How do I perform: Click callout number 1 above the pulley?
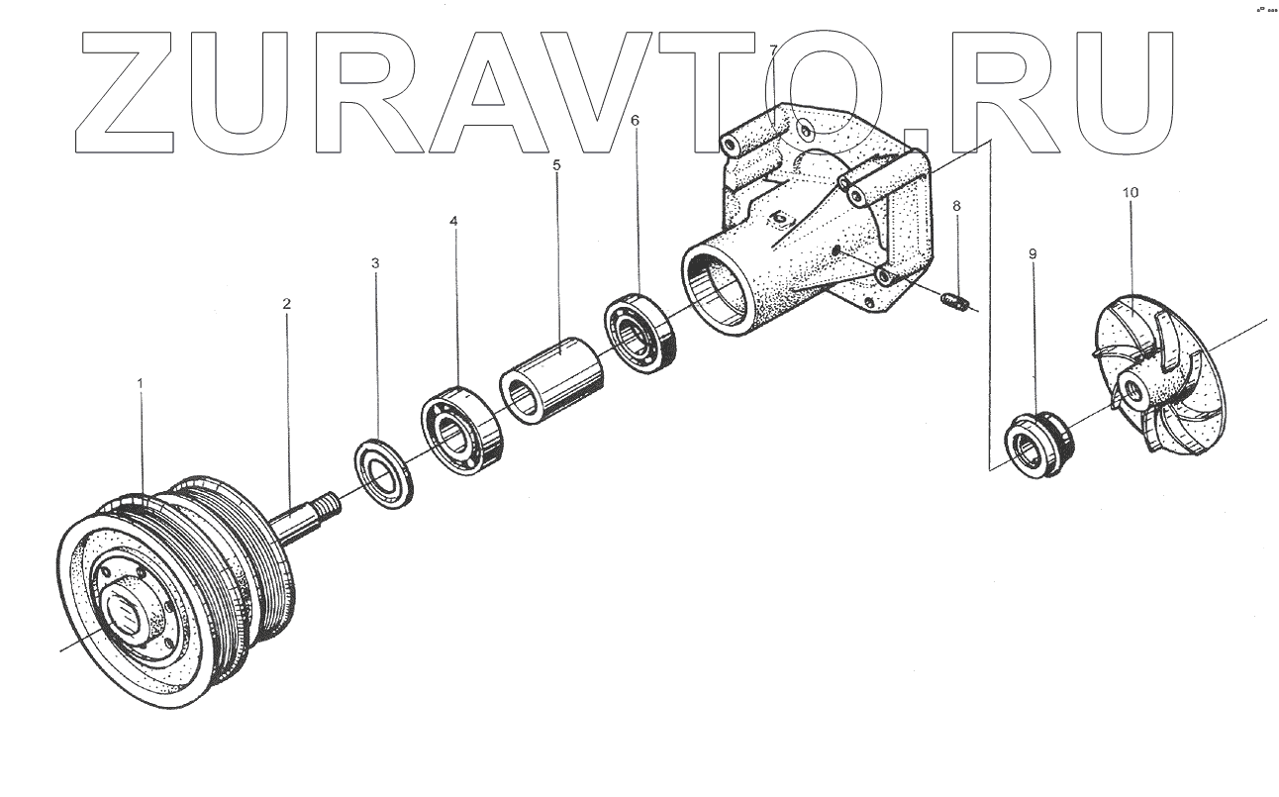click(141, 383)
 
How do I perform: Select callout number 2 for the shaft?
click(287, 304)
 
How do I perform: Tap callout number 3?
click(375, 263)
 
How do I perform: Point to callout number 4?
click(454, 221)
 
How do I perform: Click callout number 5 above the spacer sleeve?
click(556, 165)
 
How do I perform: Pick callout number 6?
click(635, 121)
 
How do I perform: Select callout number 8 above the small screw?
click(956, 206)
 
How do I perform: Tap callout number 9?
click(1033, 253)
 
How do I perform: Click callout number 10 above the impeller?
click(1130, 192)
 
